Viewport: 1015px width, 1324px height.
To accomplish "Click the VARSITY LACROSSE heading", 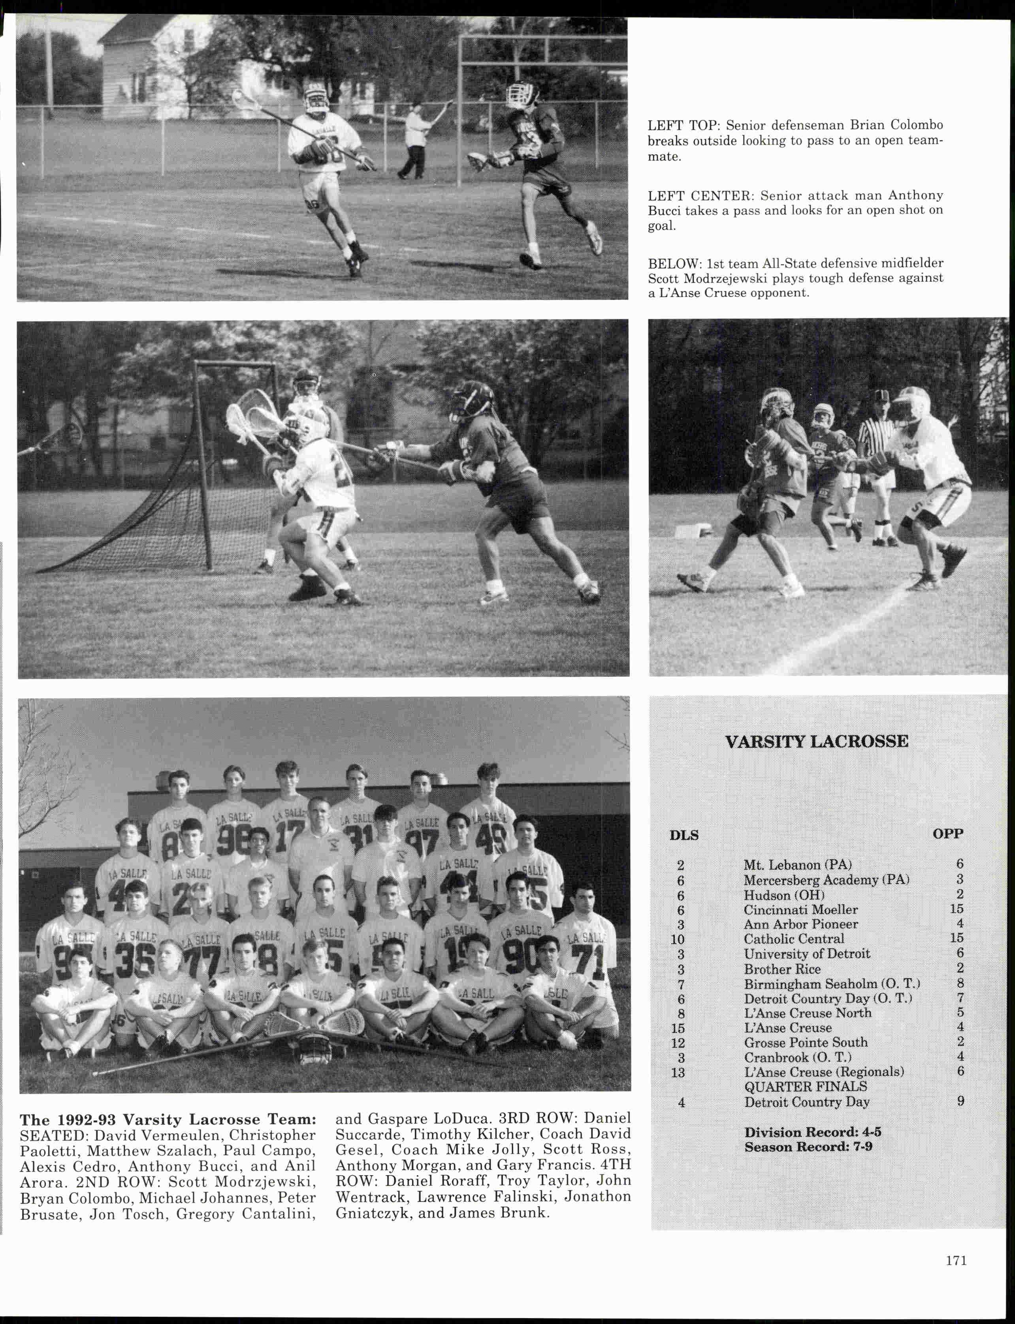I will (816, 742).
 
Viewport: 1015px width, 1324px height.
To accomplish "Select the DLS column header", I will (684, 836).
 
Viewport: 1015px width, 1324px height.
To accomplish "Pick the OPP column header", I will (948, 834).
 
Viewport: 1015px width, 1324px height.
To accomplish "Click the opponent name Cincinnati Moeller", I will (800, 909).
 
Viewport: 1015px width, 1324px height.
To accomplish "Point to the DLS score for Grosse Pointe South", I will (678, 1043).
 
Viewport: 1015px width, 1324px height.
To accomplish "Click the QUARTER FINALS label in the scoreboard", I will (805, 1087).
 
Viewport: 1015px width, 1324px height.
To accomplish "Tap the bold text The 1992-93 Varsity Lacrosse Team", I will (168, 1120).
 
